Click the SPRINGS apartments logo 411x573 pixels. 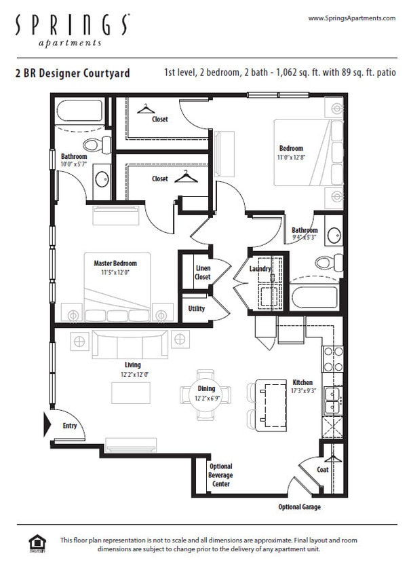(70, 30)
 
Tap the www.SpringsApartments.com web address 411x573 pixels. (351, 18)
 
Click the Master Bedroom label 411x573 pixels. (115, 263)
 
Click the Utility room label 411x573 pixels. (197, 309)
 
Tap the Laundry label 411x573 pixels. (260, 269)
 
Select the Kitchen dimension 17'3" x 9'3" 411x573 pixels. (302, 391)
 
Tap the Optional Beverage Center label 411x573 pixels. (220, 475)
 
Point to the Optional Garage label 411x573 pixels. (299, 507)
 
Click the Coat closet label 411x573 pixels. (323, 470)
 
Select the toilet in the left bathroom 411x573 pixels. (97, 145)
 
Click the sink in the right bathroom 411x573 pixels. (334, 236)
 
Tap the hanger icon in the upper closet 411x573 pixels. (146, 109)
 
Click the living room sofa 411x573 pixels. (130, 345)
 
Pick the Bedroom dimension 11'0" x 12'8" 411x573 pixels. (291, 157)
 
